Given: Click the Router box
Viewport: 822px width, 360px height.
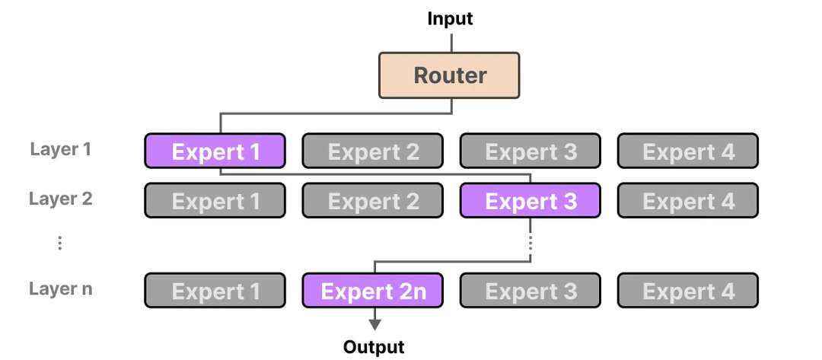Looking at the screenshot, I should [449, 75].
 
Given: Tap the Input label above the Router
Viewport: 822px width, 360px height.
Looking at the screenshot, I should [450, 18].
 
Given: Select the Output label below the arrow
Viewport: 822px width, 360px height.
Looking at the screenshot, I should [374, 347].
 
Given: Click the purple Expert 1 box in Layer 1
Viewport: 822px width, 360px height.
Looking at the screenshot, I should [215, 151].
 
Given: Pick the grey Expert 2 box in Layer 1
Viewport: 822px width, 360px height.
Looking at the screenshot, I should [373, 151].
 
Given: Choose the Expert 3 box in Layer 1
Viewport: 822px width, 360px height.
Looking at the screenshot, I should [530, 151].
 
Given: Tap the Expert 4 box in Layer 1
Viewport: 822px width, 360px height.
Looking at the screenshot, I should [687, 151].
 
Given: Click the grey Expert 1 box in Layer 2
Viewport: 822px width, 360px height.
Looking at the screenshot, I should [215, 201].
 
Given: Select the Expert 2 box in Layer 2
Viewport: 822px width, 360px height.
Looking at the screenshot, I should [373, 201].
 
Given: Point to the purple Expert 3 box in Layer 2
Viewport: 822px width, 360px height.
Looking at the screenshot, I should [530, 201].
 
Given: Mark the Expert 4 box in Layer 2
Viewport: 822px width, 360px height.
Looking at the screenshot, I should [687, 201].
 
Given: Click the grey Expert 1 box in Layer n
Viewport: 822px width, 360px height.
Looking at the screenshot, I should [215, 291].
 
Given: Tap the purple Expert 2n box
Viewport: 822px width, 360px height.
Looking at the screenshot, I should [373, 291].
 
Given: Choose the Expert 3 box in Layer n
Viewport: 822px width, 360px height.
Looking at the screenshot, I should [530, 291].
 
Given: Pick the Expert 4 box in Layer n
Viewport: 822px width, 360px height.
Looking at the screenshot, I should [687, 291].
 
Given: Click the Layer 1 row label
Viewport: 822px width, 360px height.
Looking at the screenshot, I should [61, 149].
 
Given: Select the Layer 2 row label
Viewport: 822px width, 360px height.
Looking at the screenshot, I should [61, 199].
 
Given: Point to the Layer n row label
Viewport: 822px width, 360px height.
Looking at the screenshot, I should [61, 289].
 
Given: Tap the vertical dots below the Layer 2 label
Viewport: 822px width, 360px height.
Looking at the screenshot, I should [59, 244].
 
